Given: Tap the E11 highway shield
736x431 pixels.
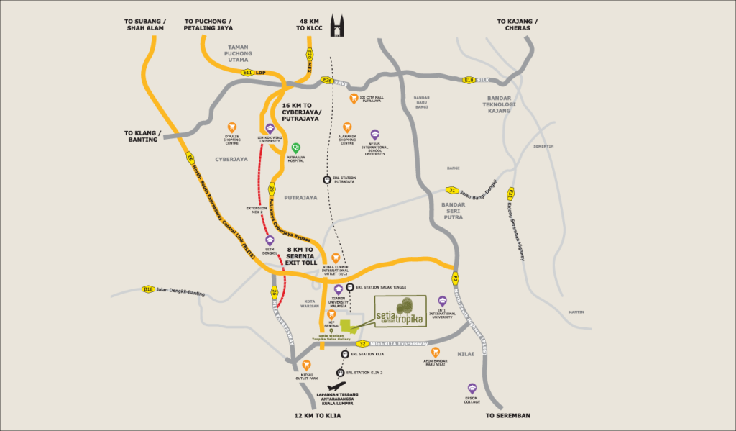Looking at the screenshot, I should [248, 72].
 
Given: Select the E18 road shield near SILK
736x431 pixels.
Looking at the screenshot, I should [469, 80].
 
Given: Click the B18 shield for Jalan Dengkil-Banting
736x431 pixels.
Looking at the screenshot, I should [148, 290].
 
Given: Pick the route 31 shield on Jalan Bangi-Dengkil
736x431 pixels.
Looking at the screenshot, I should [451, 190].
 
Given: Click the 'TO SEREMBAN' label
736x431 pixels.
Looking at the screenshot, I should [507, 416].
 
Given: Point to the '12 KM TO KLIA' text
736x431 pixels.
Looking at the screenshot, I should [321, 416].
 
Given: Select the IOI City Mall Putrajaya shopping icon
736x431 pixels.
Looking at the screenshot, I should [353, 98].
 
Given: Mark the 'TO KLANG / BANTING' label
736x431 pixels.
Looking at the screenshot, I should [144, 137].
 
